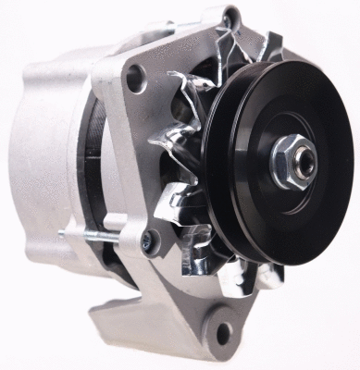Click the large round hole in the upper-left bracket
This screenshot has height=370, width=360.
click(x=136, y=80)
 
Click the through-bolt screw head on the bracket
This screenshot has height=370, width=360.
click(x=145, y=242)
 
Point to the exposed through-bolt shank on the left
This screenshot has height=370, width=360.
click(x=102, y=237)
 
